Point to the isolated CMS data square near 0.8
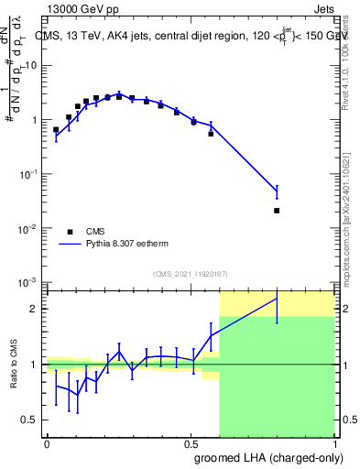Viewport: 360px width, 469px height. (277, 211)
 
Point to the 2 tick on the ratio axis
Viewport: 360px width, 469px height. (34, 309)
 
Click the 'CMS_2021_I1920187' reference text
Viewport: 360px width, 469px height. (190, 273)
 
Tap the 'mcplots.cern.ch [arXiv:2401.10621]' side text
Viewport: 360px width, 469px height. (352, 211)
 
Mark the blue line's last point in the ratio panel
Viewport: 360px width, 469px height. (277, 299)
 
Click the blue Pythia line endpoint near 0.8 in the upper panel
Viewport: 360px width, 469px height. (277, 191)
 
